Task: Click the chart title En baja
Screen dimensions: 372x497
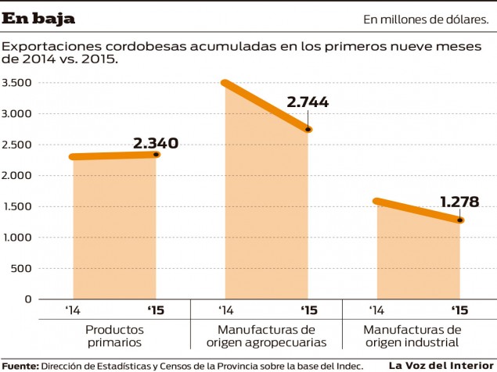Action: pyautogui.click(x=39, y=18)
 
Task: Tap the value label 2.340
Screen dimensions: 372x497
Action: pyautogui.click(x=156, y=143)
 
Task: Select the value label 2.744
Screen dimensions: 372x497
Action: pyautogui.click(x=308, y=102)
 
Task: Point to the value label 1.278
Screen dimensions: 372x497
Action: pyautogui.click(x=459, y=202)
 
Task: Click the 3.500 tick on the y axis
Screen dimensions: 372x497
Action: pyautogui.click(x=16, y=83)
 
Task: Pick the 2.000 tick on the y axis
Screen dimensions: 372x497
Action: pyautogui.click(x=16, y=176)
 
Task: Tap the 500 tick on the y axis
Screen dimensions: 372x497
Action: pyautogui.click(x=21, y=268)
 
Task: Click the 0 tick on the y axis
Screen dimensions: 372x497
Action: pyautogui.click(x=27, y=299)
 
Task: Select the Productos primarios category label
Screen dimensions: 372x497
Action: pyautogui.click(x=114, y=336)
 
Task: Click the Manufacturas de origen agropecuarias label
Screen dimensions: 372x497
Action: pyautogui.click(x=266, y=336)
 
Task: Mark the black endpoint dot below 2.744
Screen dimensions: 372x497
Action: pyautogui.click(x=308, y=130)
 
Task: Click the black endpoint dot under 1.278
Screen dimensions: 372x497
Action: pyautogui.click(x=460, y=220)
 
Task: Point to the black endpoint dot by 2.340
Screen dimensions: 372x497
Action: pyautogui.click(x=157, y=155)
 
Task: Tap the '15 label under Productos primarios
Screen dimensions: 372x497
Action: pyautogui.click(x=156, y=311)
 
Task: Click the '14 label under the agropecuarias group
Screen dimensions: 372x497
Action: pyautogui.click(x=226, y=311)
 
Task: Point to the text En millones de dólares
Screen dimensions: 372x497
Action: pyautogui.click(x=425, y=19)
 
